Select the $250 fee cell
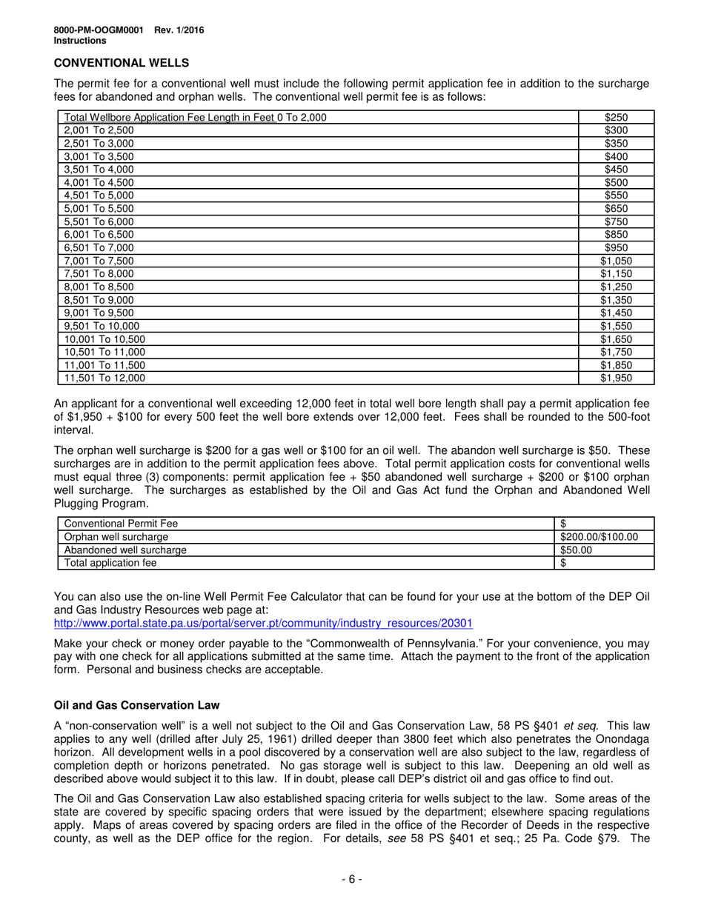[x=616, y=117]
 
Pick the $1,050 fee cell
[x=616, y=261]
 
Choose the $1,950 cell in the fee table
[x=616, y=378]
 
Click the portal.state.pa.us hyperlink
[x=263, y=624]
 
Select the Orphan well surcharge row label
[x=116, y=536]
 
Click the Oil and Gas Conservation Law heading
[x=136, y=704]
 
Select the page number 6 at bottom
[x=351, y=880]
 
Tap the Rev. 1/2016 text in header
[x=179, y=30]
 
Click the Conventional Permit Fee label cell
[x=122, y=524]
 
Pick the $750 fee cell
[x=616, y=221]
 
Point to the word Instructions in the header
[x=80, y=41]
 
